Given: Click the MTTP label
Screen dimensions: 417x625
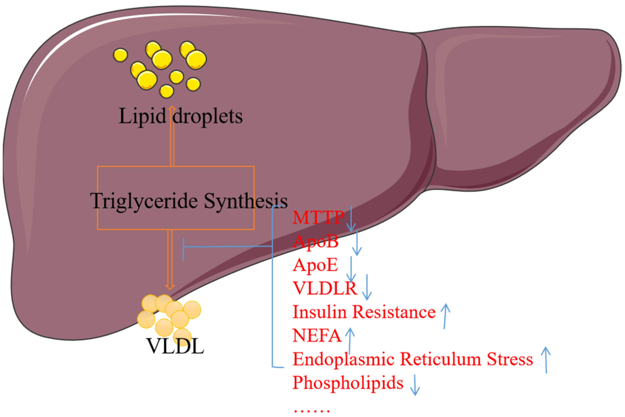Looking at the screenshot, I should [x=318, y=218].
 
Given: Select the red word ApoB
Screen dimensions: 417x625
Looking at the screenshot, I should [x=315, y=241].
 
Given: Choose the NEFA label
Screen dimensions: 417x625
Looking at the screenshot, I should [x=317, y=336].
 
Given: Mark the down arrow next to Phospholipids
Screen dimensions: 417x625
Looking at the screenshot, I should [x=415, y=386].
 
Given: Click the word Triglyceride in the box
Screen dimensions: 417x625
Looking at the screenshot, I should [x=143, y=201].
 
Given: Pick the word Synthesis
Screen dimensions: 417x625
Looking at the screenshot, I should [x=246, y=201].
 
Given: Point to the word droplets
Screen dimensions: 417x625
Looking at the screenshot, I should [x=208, y=116].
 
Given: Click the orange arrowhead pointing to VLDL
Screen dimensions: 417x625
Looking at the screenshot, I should [x=170, y=287].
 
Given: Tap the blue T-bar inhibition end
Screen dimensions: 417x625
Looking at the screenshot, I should [x=184, y=249].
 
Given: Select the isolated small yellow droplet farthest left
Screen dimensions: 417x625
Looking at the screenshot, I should [x=120, y=55].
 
